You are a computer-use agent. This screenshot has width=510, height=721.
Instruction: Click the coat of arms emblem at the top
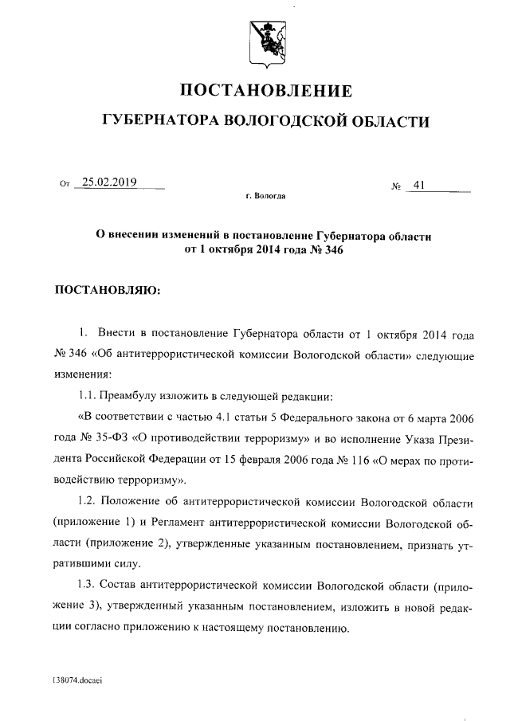click(265, 41)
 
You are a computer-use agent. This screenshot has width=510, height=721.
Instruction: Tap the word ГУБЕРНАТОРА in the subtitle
click(158, 121)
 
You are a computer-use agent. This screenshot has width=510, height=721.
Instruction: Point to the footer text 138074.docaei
click(78, 681)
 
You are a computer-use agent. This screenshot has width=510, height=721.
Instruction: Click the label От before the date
click(65, 185)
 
